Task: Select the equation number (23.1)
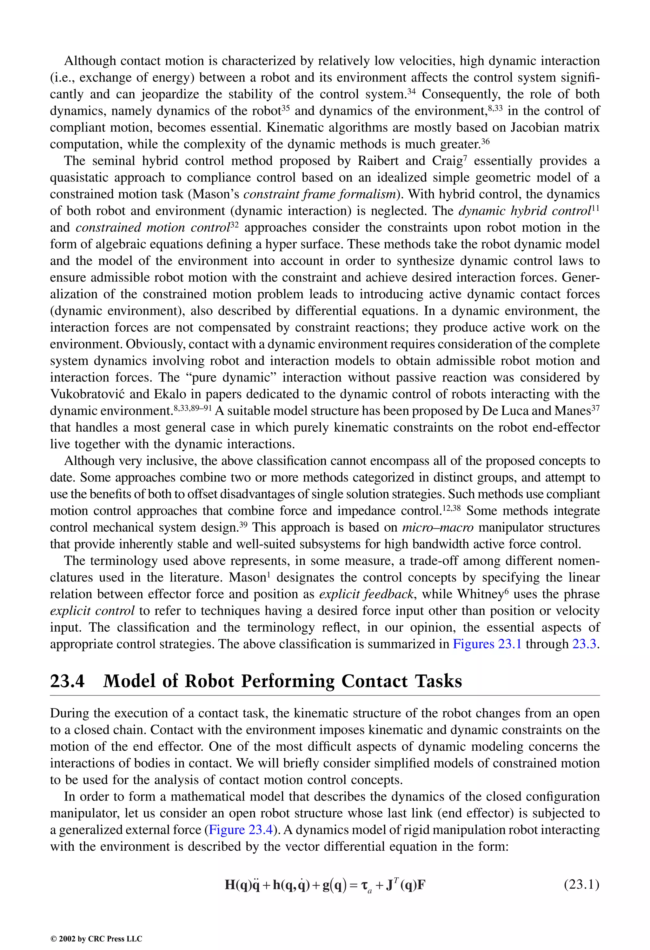(582, 885)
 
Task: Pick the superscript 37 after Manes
(596, 408)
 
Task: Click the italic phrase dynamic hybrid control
(525, 211)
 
